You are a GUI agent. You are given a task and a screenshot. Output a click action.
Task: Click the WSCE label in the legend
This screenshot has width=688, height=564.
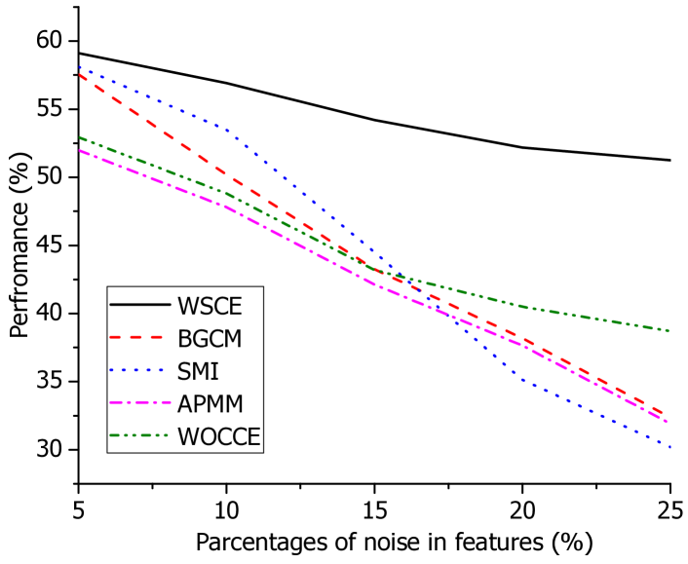(x=210, y=306)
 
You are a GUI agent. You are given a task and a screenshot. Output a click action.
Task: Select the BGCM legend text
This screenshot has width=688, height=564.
(x=210, y=339)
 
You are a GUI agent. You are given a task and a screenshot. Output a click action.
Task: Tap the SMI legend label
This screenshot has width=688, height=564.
(x=198, y=372)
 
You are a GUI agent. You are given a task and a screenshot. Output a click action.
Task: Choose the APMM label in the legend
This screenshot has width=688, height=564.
(x=210, y=404)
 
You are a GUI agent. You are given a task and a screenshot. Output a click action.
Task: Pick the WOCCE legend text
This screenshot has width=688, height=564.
(x=218, y=437)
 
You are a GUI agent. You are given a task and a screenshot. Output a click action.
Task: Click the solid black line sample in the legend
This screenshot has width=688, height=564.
(x=139, y=306)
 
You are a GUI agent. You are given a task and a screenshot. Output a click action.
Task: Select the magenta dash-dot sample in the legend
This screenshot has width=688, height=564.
(x=139, y=404)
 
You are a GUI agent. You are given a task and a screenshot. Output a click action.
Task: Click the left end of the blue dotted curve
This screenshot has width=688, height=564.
(x=80, y=67)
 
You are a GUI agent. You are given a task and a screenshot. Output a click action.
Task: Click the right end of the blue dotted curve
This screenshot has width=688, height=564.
(x=670, y=447)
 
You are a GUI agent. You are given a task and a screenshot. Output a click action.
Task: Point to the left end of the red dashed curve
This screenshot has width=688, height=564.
(x=80, y=75)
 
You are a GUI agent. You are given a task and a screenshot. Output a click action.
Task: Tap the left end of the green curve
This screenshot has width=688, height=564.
(x=80, y=137)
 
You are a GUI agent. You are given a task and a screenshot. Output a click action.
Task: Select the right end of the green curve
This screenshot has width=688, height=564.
(x=669, y=331)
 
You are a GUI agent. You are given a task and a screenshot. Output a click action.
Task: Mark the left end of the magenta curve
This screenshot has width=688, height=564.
(x=80, y=150)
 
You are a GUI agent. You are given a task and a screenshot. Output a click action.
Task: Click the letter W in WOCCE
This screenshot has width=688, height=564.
(x=187, y=437)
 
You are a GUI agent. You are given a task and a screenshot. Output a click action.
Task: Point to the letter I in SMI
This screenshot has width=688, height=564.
(x=215, y=372)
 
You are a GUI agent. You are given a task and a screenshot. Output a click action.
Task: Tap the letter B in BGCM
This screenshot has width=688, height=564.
(x=183, y=339)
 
